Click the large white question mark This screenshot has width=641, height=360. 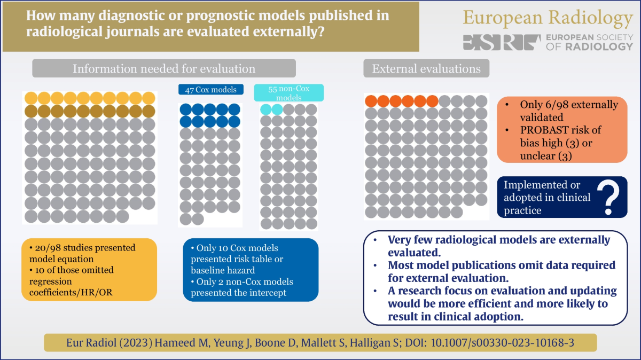coord(607,197)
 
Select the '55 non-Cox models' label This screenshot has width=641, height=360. coord(289,92)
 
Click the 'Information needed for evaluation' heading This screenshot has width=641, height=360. coord(163,68)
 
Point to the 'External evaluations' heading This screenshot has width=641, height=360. coord(426,68)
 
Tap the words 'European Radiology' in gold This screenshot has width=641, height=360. coord(548,18)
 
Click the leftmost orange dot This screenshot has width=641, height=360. coord(371,101)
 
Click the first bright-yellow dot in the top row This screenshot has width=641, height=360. coord(32,98)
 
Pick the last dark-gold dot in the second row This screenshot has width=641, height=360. coord(148,111)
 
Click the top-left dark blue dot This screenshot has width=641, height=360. coord(185,109)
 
